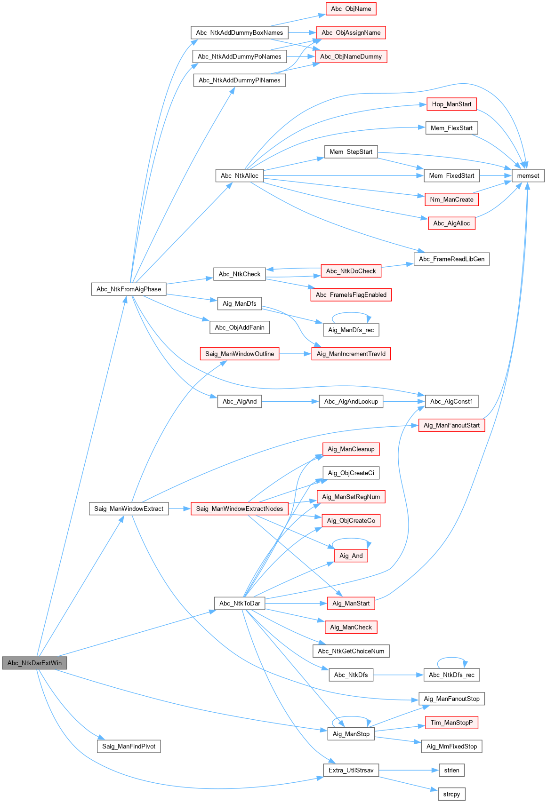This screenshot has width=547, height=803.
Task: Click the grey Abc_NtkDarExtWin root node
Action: coord(34,663)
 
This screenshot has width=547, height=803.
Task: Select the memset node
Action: coord(528,175)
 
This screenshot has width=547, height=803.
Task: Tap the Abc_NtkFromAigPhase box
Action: coord(129,289)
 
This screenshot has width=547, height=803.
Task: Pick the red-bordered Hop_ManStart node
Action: coord(451,104)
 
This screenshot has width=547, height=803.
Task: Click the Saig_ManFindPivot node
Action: coord(129,746)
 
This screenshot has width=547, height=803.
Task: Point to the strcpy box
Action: coord(451,794)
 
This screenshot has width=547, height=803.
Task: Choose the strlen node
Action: coord(451,770)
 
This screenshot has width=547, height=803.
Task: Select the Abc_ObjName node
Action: coord(351,8)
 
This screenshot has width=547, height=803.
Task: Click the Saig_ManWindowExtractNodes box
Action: coord(240,509)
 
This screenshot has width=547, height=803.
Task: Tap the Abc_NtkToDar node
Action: coord(240,603)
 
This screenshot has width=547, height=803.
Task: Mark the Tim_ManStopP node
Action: coord(451,723)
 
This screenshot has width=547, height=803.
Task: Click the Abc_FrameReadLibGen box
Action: coord(451,259)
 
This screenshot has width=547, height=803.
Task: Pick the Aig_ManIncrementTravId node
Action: coord(351,354)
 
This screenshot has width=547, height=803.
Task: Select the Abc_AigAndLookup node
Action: coord(351,401)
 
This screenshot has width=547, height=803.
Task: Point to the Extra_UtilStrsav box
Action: coord(351,770)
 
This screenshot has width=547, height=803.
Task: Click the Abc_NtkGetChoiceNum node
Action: coord(351,651)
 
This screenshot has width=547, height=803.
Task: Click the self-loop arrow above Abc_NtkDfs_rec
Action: coord(451,658)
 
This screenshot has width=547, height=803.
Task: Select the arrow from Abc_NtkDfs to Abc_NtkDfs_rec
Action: coord(398,675)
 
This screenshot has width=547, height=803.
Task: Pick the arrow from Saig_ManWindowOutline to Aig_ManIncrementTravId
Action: coord(295,354)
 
